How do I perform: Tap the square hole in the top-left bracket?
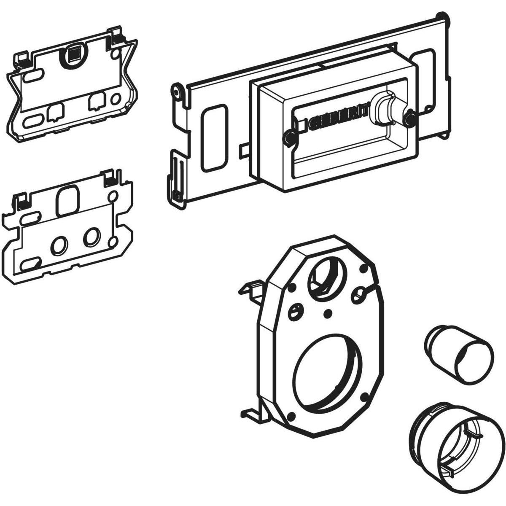coord(73,54)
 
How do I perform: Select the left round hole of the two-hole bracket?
coord(59,244)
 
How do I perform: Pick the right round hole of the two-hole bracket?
coord(90,237)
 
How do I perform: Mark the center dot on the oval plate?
coord(327,312)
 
